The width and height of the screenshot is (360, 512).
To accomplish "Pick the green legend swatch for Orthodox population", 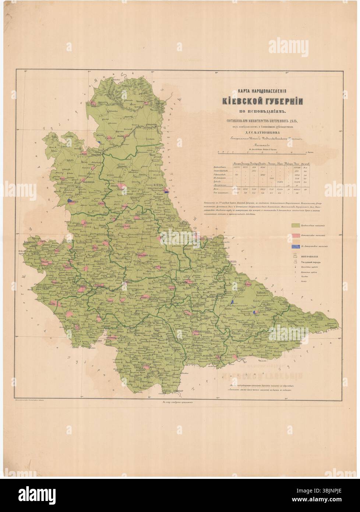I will [299, 225].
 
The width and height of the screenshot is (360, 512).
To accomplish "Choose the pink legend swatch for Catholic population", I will [299, 235].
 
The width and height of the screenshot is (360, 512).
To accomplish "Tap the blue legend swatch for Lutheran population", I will [299, 246].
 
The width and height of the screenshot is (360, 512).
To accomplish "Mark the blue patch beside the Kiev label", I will [167, 191].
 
